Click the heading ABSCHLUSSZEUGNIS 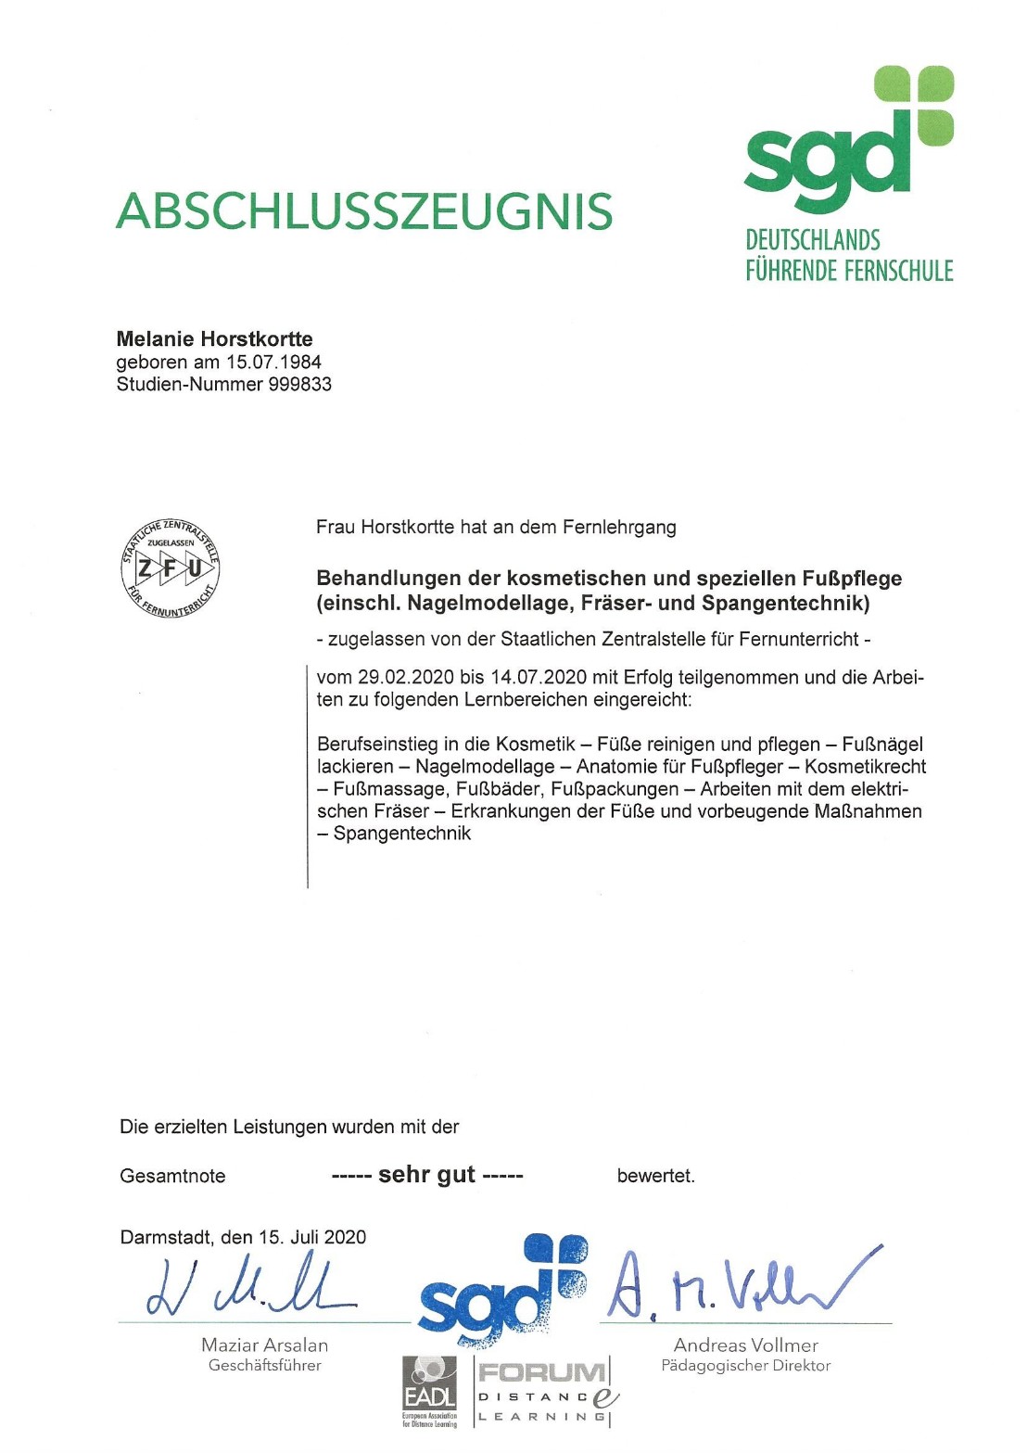pos(363,212)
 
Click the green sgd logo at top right pos(848,139)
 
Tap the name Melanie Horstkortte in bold pos(214,339)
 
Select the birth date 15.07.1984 pos(273,362)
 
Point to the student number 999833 pos(299,384)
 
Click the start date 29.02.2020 pos(406,678)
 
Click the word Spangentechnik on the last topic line pos(401,834)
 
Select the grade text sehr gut pos(426,1175)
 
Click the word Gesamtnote pos(172,1177)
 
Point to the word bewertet pos(655,1177)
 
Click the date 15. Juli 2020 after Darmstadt pos(312,1237)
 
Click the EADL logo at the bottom pos(429,1389)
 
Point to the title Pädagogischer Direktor pos(745,1366)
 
